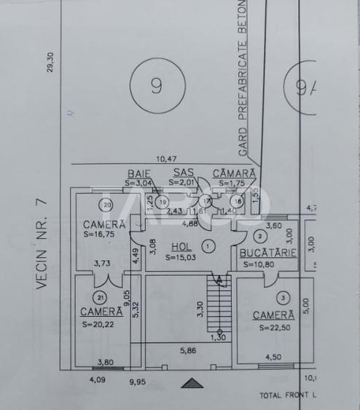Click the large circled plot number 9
tap(157, 86)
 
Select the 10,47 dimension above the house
tap(167, 159)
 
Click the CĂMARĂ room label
tap(234, 173)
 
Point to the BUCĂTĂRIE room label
tap(267, 253)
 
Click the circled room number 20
tap(106, 204)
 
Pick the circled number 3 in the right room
tap(283, 297)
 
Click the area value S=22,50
tap(274, 328)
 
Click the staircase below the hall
tap(218, 306)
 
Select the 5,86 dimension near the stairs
tap(188, 350)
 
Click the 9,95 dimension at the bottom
tap(138, 380)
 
